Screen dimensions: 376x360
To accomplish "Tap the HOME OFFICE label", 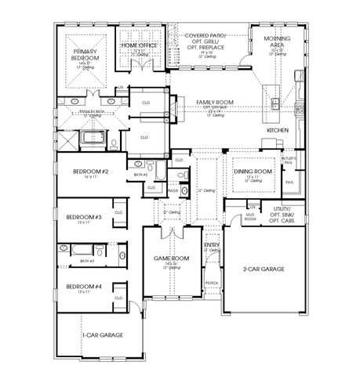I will click(140, 45).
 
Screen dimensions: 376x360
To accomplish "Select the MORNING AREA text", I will click(279, 43).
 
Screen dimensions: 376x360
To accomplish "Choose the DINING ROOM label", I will click(253, 171).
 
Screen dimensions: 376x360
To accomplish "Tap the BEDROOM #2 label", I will click(90, 171).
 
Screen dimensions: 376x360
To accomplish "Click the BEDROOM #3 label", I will click(83, 216).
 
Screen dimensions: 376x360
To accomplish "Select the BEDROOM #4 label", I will click(83, 286).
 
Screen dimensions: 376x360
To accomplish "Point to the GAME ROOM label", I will click(171, 258).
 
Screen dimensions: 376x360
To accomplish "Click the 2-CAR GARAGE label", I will click(263, 269).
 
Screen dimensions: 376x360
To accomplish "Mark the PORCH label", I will click(211, 282).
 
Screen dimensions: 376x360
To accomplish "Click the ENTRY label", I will click(211, 244).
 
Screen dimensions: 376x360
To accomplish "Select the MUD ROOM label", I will click(250, 218).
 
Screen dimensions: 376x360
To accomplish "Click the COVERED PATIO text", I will click(206, 36).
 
